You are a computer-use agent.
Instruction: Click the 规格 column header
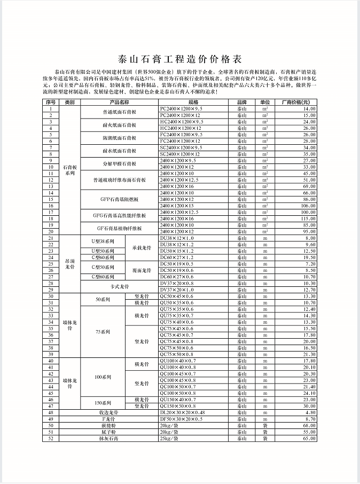coord(193,102)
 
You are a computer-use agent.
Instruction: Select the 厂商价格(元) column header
coord(295,102)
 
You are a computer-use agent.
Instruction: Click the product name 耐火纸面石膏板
coord(120,124)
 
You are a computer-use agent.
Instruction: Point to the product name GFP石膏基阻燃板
coord(120,199)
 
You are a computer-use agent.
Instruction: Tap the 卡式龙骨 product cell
coord(120,286)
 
